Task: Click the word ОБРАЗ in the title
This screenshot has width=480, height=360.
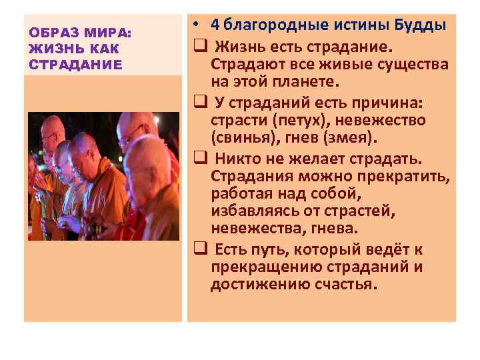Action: click(x=52, y=33)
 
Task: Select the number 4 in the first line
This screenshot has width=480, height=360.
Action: click(x=215, y=25)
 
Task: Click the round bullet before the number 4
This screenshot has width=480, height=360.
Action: click(x=199, y=25)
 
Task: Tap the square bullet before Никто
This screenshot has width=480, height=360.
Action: click(x=199, y=159)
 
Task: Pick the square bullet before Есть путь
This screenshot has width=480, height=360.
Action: click(x=199, y=249)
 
